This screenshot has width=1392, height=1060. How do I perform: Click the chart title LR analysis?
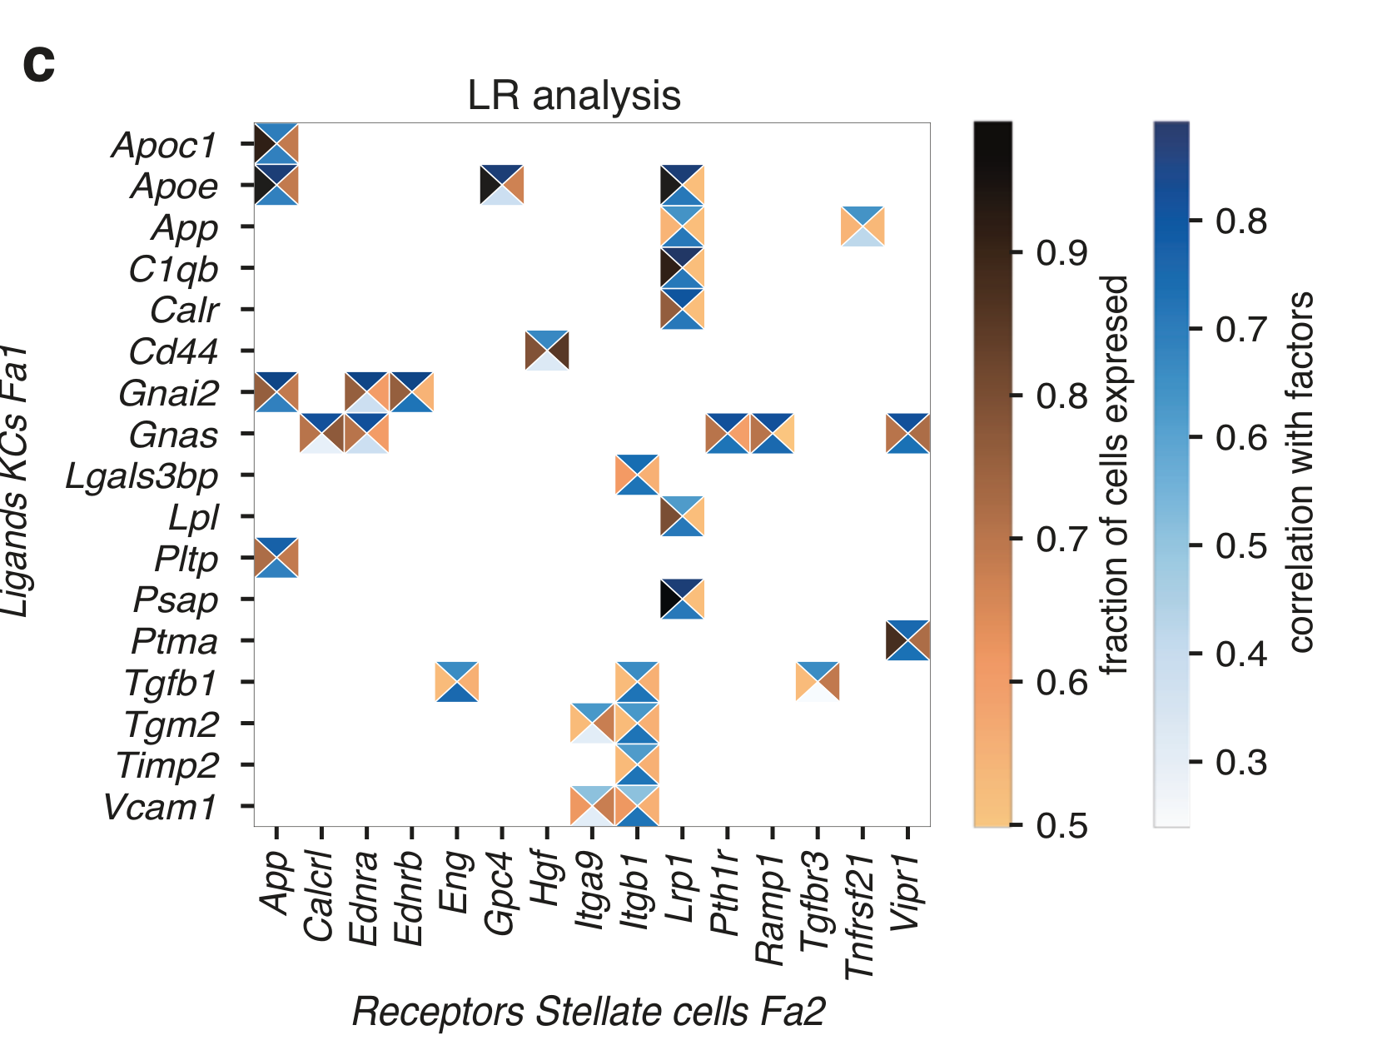pyautogui.click(x=574, y=96)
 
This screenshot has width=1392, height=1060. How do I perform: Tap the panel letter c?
pyautogui.click(x=39, y=63)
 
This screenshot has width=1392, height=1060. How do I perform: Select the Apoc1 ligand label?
pyautogui.click(x=165, y=145)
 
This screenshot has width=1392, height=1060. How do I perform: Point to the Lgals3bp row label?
pyautogui.click(x=142, y=476)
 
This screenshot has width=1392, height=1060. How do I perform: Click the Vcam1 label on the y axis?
pyautogui.click(x=161, y=807)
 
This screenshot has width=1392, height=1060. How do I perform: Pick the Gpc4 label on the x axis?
pyautogui.click(x=500, y=892)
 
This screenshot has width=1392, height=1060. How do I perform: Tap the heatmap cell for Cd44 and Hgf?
pyautogui.click(x=547, y=351)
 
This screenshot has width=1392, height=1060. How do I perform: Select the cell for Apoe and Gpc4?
pyautogui.click(x=502, y=185)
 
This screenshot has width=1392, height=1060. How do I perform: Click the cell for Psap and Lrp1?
pyautogui.click(x=682, y=599)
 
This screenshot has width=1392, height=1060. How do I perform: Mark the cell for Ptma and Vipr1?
pyautogui.click(x=907, y=640)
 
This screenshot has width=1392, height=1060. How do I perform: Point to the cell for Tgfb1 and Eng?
pyautogui.click(x=457, y=682)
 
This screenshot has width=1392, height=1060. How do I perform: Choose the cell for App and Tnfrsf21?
pyautogui.click(x=863, y=226)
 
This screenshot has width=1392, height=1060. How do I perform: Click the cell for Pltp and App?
pyautogui.click(x=276, y=557)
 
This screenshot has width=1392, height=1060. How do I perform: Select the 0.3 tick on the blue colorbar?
pyautogui.click(x=1240, y=761)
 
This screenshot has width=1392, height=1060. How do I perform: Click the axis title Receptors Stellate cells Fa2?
pyautogui.click(x=588, y=1013)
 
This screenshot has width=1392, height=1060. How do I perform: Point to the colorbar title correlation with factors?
pyautogui.click(x=1300, y=471)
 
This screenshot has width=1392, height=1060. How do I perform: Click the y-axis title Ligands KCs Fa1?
pyautogui.click(x=17, y=481)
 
